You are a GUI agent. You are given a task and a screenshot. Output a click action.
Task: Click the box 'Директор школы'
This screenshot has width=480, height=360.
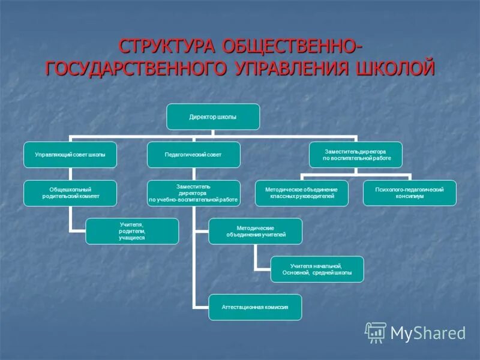pos(213,117)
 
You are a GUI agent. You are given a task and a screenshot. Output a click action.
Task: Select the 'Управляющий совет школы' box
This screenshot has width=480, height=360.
pos(70,155)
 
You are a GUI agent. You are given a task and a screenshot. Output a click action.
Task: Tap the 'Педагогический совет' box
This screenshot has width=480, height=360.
pos(194,155)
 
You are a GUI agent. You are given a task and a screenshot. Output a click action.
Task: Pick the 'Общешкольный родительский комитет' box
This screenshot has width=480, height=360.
pos(70,193)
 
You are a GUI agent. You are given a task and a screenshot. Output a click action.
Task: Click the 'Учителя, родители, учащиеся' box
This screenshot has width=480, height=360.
pos(132,231)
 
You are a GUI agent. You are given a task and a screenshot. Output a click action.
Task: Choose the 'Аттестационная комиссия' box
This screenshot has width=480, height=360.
pos(255,307)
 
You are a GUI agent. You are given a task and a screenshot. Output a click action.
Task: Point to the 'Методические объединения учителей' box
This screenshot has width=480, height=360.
pos(256,231)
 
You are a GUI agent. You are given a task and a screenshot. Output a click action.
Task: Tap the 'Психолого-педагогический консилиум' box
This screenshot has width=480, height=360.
pos(410,193)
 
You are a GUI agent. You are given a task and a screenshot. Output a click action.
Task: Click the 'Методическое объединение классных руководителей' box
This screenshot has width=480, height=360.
pos(301,193)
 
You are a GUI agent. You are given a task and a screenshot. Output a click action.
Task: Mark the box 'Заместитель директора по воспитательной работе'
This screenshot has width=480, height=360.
pos(355,155)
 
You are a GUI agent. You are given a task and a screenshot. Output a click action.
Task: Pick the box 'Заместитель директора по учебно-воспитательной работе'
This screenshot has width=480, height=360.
pos(194,193)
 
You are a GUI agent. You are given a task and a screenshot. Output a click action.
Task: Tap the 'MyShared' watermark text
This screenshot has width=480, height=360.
pos(428,332)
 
